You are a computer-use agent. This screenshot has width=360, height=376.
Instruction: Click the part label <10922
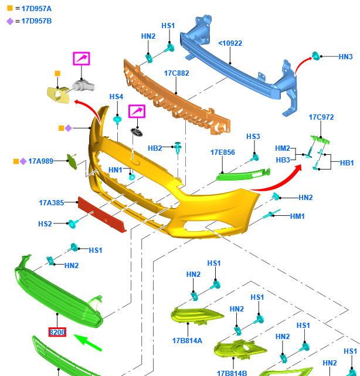pyautogui.click(x=230, y=43)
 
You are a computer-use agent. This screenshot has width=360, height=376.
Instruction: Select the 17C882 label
pyautogui.click(x=176, y=73)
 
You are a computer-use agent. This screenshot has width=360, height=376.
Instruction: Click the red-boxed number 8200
pyautogui.click(x=57, y=333)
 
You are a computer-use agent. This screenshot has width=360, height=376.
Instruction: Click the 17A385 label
pyautogui.click(x=52, y=203)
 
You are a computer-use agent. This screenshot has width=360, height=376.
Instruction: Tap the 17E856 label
pyautogui.click(x=223, y=153)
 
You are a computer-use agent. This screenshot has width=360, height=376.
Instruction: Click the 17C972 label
pyautogui.click(x=321, y=117)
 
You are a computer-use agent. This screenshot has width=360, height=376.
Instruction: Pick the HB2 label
pyautogui.click(x=155, y=148)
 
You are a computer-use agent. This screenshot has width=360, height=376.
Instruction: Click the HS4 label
pyautogui.click(x=116, y=97)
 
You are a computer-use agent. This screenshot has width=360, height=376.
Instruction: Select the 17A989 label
pyautogui.click(x=41, y=161)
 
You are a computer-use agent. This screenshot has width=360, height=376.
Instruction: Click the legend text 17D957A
pyautogui.click(x=36, y=8)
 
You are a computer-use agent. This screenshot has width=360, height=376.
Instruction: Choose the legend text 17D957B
pyautogui.click(x=36, y=21)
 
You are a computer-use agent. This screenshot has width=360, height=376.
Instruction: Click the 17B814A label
pyautogui.click(x=187, y=340)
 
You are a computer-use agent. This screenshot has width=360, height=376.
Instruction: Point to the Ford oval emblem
pyautogui.click(x=137, y=133)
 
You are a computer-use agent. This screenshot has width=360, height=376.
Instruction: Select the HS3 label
pyautogui.click(x=253, y=137)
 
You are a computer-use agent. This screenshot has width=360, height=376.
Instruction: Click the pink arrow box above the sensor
pyautogui.click(x=81, y=59)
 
